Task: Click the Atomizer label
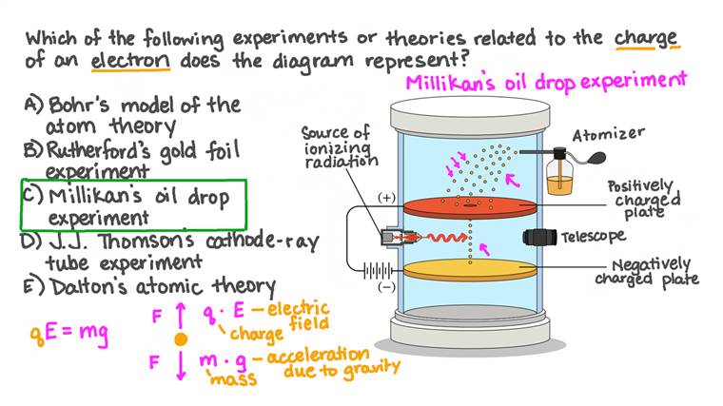click(609, 134)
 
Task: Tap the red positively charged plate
click(468, 207)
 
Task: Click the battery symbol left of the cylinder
click(378, 270)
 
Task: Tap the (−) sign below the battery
click(387, 285)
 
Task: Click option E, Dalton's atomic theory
click(147, 285)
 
